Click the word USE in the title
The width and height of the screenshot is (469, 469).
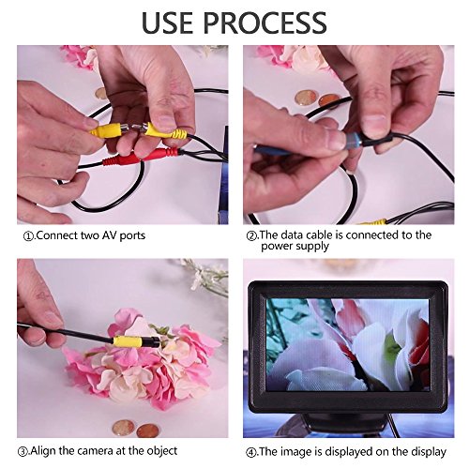pyautogui.click(x=167, y=23)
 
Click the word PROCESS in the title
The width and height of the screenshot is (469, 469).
pyautogui.click(x=265, y=23)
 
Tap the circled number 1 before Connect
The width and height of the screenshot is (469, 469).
pyautogui.click(x=28, y=236)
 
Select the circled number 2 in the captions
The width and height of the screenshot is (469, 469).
pyautogui.click(x=251, y=235)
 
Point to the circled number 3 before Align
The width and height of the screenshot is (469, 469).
pyautogui.click(x=23, y=452)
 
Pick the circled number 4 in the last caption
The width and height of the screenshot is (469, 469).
pyautogui.click(x=251, y=452)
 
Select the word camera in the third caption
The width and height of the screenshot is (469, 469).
pyautogui.click(x=95, y=451)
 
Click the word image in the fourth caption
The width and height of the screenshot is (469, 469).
pyautogui.click(x=294, y=452)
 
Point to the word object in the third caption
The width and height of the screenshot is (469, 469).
pyautogui.click(x=162, y=451)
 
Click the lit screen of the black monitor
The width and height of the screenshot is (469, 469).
pyautogui.click(x=348, y=344)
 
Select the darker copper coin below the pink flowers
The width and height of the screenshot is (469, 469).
pyautogui.click(x=147, y=431)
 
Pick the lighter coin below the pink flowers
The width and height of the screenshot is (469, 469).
pyautogui.click(x=124, y=428)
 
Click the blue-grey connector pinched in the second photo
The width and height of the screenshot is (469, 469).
pyautogui.click(x=354, y=140)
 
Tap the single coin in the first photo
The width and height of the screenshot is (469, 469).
pyautogui.click(x=101, y=94)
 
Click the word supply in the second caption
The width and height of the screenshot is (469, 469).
pyautogui.click(x=312, y=247)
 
